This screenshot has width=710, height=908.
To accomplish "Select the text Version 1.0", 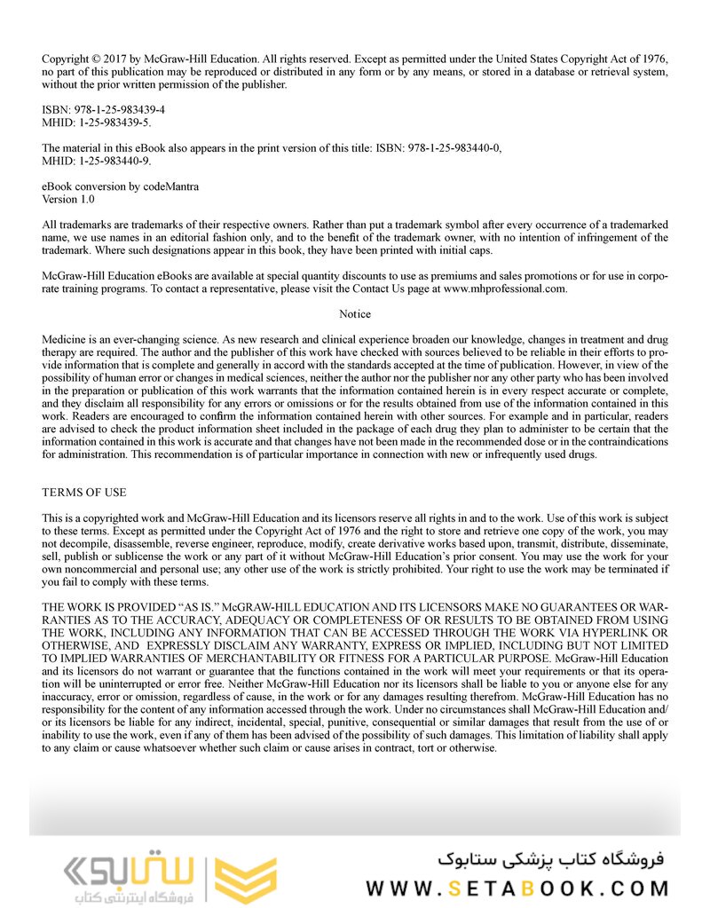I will pos(67,200).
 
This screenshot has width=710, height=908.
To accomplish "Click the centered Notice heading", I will pos(355,314).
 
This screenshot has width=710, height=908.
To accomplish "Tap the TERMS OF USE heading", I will pos(84,493).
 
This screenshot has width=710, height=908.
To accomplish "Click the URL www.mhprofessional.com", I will pos(504,288).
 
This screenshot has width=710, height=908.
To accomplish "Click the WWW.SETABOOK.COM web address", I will pos(517,888).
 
